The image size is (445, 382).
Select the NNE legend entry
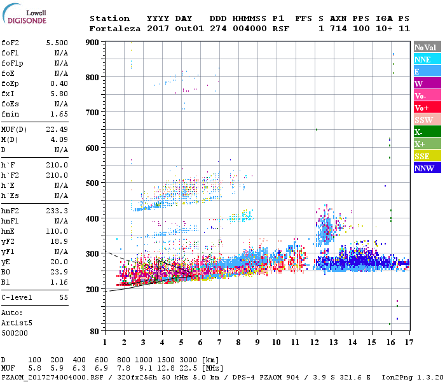pos(422,59)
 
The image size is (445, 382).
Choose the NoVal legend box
pos(425,47)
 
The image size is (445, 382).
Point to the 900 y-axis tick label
pos(93,42)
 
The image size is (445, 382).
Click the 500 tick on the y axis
pos(93,183)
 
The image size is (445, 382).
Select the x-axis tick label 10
pos(276,343)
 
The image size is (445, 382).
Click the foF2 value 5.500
pos(57,42)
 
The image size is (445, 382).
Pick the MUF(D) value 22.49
pos(57,129)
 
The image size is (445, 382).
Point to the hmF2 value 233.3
pos(57,211)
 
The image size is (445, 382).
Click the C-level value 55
pos(64,297)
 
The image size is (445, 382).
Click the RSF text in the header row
pos(280,29)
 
